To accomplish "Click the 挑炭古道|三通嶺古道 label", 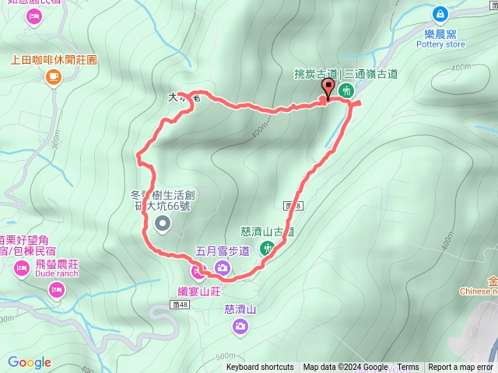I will [346, 74].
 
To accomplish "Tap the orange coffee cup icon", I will [53, 75].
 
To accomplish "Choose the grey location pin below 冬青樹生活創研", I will [163, 225].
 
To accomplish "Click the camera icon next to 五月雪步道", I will [223, 268].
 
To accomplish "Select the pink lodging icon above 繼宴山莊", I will [197, 271].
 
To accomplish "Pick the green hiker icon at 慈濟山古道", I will [267, 249].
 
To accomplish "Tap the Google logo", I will [30, 362].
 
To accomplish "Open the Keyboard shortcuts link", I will [260, 368].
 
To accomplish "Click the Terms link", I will [408, 368].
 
